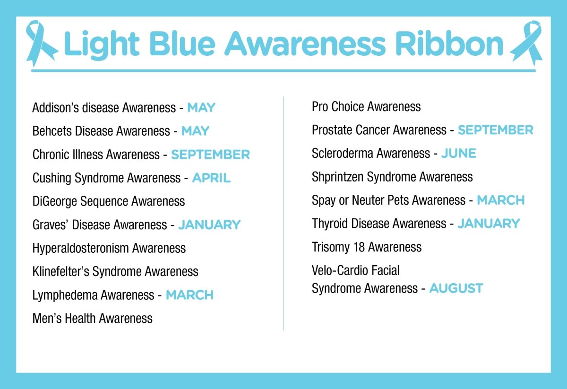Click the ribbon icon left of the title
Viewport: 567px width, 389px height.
[x=41, y=42]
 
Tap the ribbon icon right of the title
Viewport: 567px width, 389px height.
[x=526, y=42]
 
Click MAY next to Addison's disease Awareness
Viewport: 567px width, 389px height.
[x=201, y=108]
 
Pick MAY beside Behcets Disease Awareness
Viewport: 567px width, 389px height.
[x=195, y=131]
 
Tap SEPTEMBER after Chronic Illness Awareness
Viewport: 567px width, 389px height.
[x=210, y=155]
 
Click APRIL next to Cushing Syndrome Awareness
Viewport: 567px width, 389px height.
[x=211, y=178]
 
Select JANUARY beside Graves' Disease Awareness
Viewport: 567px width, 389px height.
[x=209, y=225]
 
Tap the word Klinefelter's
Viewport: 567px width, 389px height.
[x=60, y=272]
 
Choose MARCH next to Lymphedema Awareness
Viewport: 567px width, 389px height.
[x=189, y=295]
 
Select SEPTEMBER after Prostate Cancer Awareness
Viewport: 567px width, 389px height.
[x=495, y=130]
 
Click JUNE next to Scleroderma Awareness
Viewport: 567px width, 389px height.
[x=458, y=153]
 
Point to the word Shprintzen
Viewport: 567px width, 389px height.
[x=337, y=177]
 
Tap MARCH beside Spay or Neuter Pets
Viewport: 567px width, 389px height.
[x=500, y=200]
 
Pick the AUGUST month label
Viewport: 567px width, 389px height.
[x=456, y=288]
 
